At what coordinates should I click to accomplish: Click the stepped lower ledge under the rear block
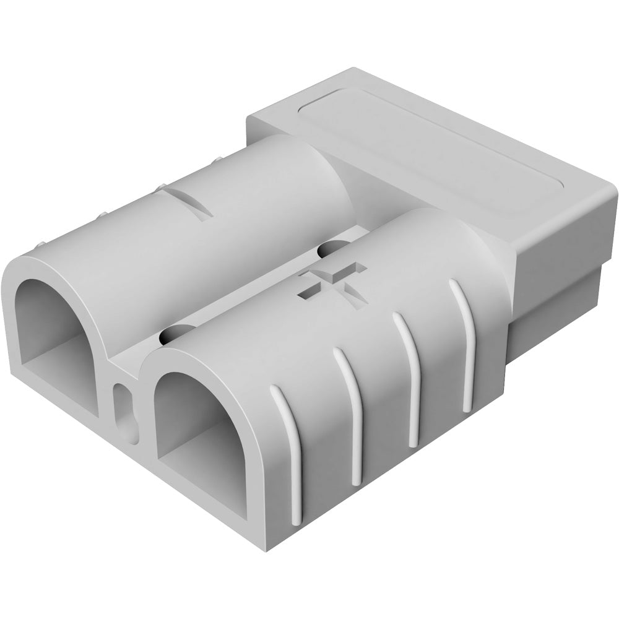(557, 309)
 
